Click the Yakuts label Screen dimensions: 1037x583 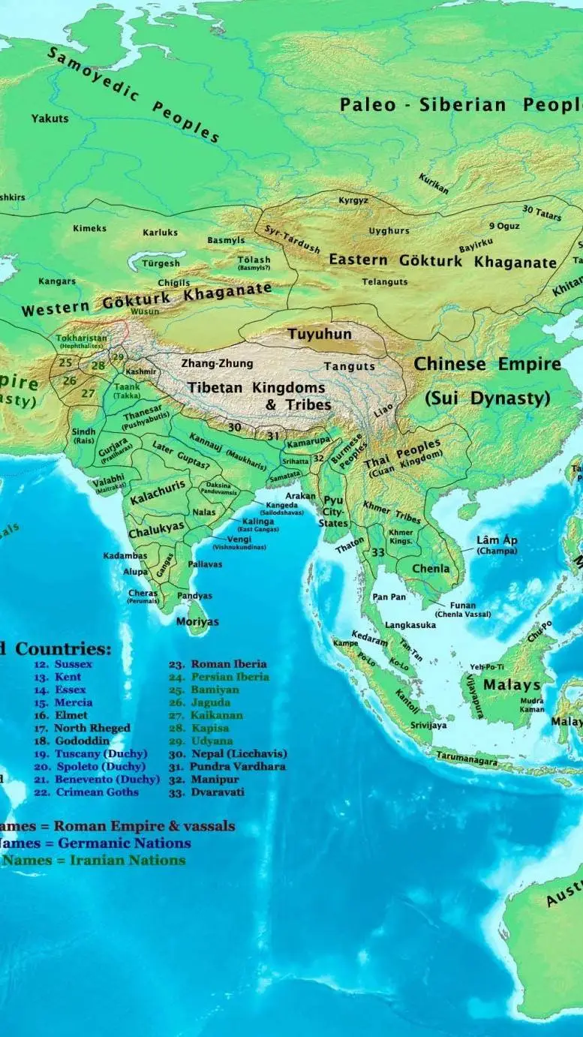click(x=50, y=119)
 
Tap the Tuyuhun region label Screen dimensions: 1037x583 click(x=320, y=333)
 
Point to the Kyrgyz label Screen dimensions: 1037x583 click(x=353, y=201)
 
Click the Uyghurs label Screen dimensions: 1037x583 click(x=389, y=231)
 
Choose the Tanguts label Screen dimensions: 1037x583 click(x=349, y=366)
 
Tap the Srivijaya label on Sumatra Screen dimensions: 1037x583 click(x=428, y=726)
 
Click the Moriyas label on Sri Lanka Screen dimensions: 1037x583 click(x=197, y=622)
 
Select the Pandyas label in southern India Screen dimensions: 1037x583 click(x=194, y=596)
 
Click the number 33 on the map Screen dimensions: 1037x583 click(x=378, y=552)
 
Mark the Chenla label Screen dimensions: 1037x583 click(x=431, y=569)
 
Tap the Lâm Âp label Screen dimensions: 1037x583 click(x=497, y=540)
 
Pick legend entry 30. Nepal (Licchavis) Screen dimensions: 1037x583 click(x=228, y=753)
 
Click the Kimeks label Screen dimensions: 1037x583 click(x=89, y=228)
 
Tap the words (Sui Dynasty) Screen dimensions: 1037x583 click(x=487, y=398)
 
